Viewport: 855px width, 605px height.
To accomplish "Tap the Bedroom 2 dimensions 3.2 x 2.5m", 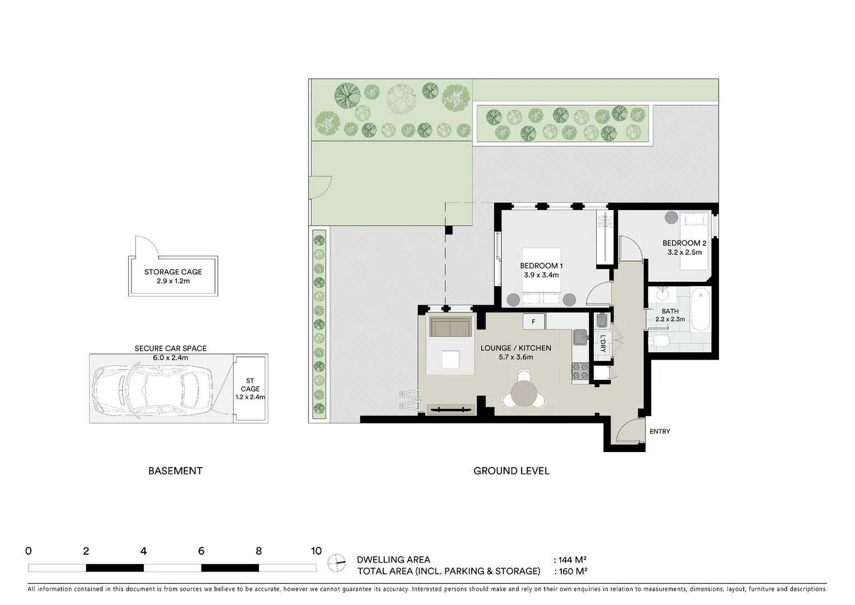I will click(684, 253).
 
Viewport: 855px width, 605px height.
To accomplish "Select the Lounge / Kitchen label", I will click(515, 348).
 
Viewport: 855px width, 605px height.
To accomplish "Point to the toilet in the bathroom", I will click(660, 341).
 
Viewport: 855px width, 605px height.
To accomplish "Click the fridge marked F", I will click(534, 322).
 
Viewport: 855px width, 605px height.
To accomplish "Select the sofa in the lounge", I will click(450, 327).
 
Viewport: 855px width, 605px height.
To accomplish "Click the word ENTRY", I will click(660, 431).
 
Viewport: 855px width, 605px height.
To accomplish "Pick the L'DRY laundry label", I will click(603, 342).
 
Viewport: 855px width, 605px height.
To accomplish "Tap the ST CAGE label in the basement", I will click(250, 385).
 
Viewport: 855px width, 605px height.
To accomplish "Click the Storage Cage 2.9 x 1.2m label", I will click(173, 276).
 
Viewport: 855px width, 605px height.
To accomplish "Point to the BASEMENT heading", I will click(175, 471).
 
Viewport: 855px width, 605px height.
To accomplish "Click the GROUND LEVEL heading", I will click(511, 471).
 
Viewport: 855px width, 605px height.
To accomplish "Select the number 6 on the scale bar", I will click(201, 551).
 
